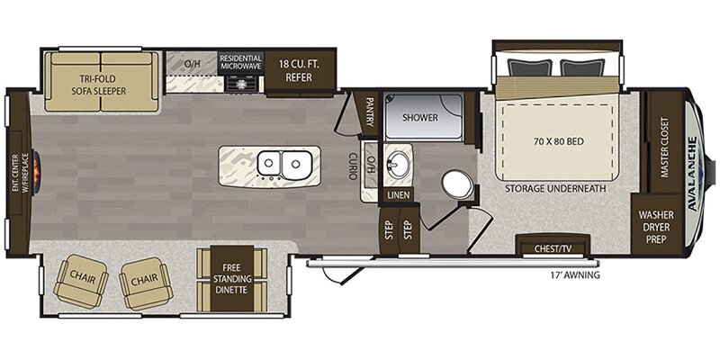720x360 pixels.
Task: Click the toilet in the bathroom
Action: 457,184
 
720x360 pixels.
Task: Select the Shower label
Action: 420,118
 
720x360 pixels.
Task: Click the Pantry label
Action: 369,111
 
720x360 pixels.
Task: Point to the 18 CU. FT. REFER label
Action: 300,71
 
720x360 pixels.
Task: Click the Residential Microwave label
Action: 240,62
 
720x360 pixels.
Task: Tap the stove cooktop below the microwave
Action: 241,84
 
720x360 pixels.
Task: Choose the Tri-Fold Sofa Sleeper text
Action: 98,85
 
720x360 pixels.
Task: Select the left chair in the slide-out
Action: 81,282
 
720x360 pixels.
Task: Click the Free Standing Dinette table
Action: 232,279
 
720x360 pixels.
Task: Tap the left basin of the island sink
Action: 269,163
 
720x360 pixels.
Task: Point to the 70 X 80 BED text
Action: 559,142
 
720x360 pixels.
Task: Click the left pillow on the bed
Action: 529,68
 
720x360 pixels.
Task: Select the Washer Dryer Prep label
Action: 656,227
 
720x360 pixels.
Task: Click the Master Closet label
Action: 664,141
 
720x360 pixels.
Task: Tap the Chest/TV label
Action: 553,249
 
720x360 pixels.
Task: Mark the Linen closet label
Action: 398,194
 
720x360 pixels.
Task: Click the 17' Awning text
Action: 575,276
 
